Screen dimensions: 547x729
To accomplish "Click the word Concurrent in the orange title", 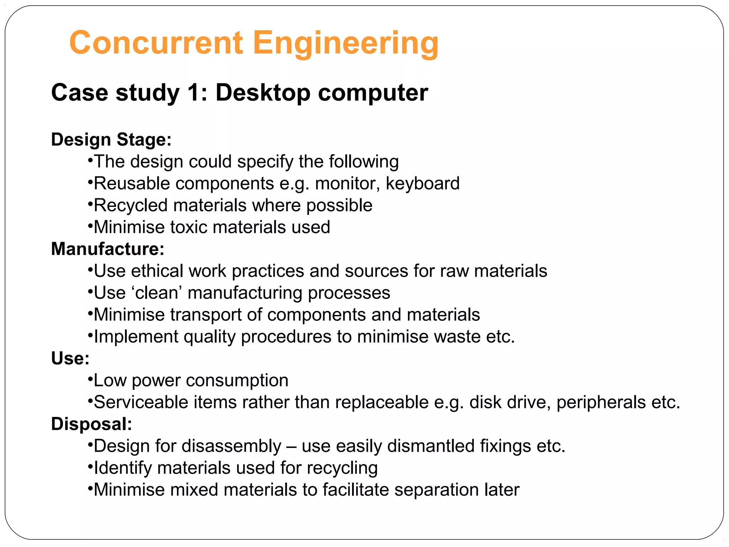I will [156, 43].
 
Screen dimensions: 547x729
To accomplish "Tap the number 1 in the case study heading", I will [194, 93].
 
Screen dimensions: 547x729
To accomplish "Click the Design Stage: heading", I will [111, 139].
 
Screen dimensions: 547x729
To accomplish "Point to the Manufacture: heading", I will [107, 249].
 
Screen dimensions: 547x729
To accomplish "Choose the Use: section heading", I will [70, 358].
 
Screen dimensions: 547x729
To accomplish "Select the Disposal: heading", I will [91, 424].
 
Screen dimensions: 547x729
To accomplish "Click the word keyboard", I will [423, 183].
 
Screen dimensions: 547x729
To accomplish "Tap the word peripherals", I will [601, 402].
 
